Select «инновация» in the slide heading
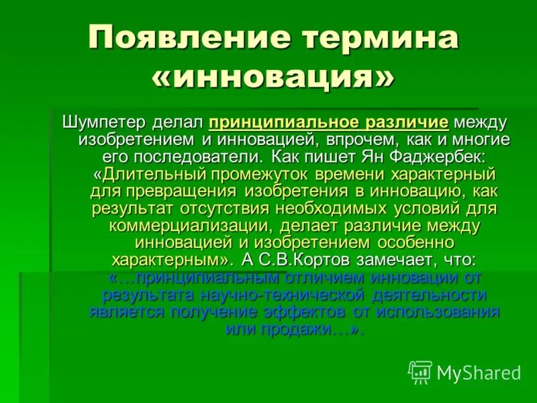click(274, 79)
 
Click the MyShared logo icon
click(420, 371)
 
